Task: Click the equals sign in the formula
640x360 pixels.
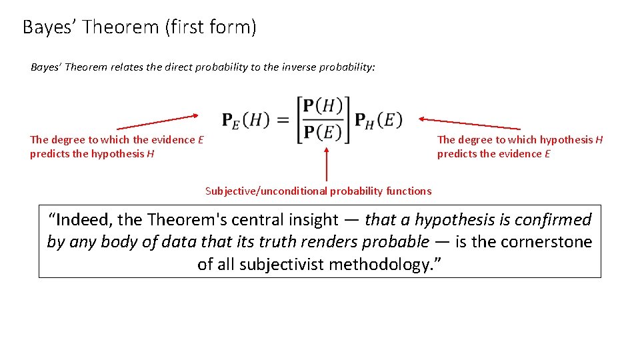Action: [283, 120]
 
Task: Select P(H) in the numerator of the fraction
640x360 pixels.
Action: [322, 107]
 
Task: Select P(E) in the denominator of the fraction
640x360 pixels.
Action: [322, 133]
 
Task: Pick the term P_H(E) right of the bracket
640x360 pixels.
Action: [378, 120]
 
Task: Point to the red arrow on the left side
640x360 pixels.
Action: [158, 122]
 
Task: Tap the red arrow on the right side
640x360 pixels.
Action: [469, 123]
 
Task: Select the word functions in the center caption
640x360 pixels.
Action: [409, 191]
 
